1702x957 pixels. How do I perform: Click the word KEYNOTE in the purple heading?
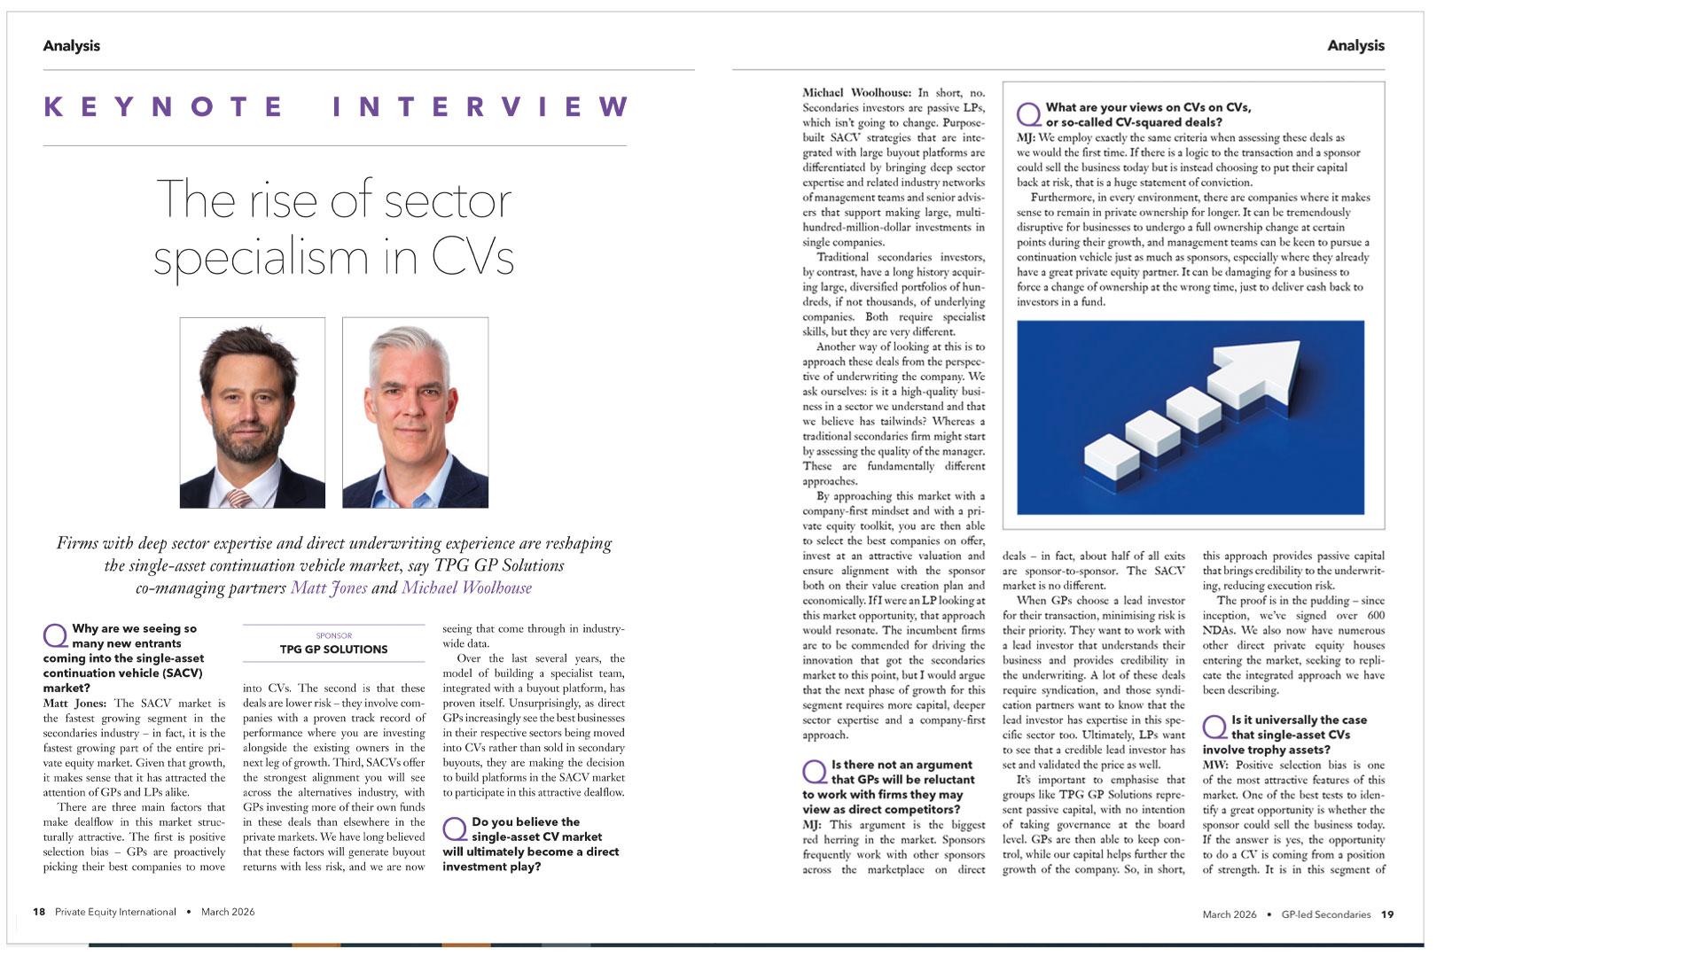(163, 107)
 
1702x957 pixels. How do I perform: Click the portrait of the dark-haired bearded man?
(253, 412)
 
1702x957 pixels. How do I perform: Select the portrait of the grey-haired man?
(415, 412)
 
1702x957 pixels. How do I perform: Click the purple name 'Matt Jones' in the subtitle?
(329, 587)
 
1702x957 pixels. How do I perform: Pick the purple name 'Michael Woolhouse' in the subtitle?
(466, 587)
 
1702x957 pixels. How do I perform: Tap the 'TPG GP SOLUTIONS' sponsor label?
(333, 650)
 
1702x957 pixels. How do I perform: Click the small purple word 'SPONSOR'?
(333, 635)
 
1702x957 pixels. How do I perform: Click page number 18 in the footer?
(39, 912)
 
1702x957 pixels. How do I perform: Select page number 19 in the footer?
(1387, 914)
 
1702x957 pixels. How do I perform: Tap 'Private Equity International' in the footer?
(115, 912)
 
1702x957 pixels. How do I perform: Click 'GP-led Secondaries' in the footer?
(1325, 914)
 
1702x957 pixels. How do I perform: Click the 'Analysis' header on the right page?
(1355, 46)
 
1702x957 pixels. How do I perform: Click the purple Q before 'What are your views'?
(1028, 114)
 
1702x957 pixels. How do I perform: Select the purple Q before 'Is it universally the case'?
(1214, 727)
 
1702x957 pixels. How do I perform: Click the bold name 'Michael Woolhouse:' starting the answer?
(856, 92)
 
